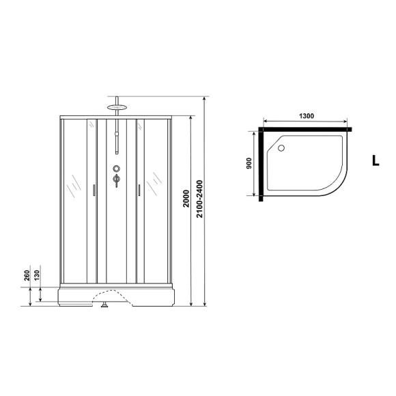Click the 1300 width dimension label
pyautogui.click(x=307, y=116)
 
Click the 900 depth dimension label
pyautogui.click(x=249, y=163)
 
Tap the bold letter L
pyautogui.click(x=375, y=162)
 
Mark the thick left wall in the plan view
pyautogui.click(x=260, y=164)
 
